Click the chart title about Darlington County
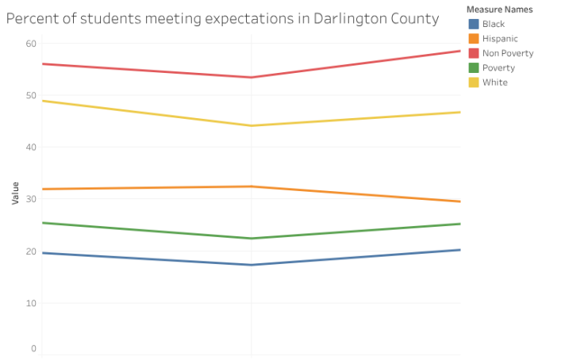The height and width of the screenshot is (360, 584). tap(222, 18)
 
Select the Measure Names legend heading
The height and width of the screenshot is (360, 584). tap(499, 10)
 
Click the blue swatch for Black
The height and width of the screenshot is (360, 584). tap(474, 24)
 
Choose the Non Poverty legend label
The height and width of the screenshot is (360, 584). tap(508, 53)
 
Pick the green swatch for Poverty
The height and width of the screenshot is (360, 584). tap(474, 67)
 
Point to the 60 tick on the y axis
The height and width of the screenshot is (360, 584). tap(31, 44)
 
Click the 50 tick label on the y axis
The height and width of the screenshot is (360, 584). tap(31, 95)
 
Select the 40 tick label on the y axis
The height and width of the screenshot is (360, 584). tap(31, 147)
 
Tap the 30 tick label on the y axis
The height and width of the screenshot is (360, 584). tap(31, 199)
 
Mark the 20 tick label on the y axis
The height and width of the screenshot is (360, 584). tap(31, 251)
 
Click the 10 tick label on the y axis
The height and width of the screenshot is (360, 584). tap(31, 303)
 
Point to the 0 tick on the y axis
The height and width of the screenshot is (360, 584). tap(33, 348)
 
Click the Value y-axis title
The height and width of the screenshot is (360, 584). tap(16, 193)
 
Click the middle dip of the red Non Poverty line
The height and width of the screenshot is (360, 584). tap(252, 77)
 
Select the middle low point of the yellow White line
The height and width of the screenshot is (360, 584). tap(252, 125)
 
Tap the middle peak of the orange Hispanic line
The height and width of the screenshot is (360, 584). tap(252, 186)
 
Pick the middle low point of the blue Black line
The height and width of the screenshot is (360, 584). tap(252, 265)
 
